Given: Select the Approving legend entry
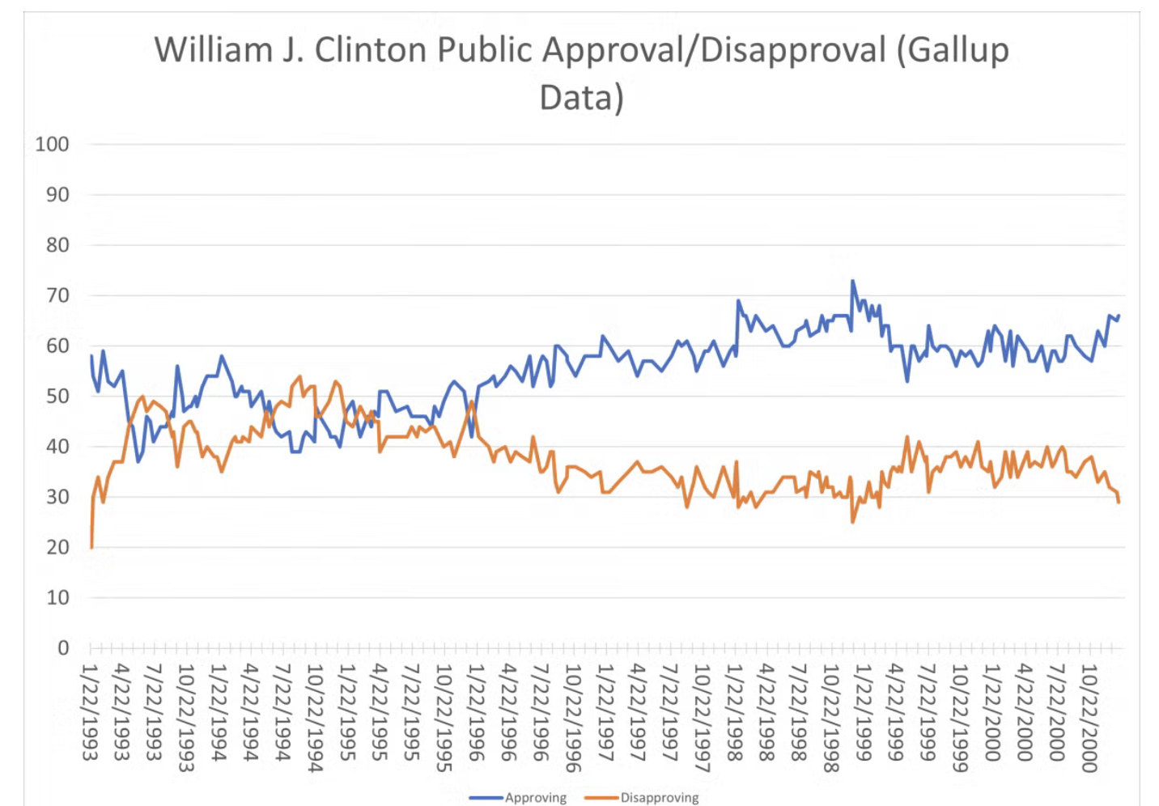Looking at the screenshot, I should (534, 797).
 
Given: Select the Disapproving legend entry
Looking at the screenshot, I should (659, 797).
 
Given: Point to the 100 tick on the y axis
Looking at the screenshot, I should (52, 144).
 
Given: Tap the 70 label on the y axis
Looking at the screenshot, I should (57, 295).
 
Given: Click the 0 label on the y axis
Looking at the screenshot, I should (63, 647).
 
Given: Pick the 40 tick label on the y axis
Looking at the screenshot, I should (57, 446).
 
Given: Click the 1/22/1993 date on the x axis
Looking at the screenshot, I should (90, 712).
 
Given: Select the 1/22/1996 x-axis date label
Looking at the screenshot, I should (477, 712).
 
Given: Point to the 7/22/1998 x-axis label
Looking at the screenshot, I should (799, 712).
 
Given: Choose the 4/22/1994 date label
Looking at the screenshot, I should (251, 712).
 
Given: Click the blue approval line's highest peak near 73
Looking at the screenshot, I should (852, 281).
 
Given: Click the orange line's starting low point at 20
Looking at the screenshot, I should (91, 547).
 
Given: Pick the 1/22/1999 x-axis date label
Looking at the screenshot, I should (864, 712).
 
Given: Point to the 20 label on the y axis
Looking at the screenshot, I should (57, 547).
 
